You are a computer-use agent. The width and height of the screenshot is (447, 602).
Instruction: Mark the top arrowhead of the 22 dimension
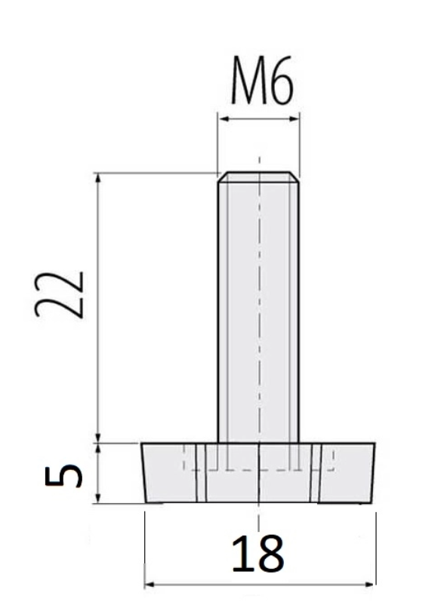97,178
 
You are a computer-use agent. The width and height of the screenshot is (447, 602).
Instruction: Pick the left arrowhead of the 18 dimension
150,584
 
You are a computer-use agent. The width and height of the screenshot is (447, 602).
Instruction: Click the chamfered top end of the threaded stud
258,177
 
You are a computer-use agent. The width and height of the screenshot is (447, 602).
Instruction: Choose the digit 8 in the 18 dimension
270,554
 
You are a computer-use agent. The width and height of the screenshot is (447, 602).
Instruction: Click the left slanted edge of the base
143,473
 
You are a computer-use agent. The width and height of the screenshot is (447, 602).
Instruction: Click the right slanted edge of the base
374,473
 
